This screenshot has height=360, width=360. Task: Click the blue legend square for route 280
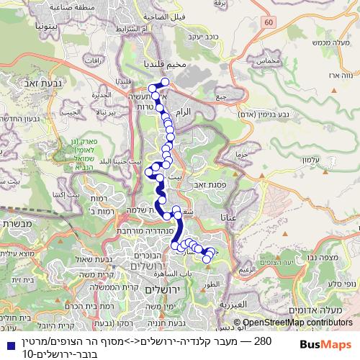(x=7, y=341)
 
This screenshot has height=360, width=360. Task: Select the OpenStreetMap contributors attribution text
(x=298, y=323)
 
